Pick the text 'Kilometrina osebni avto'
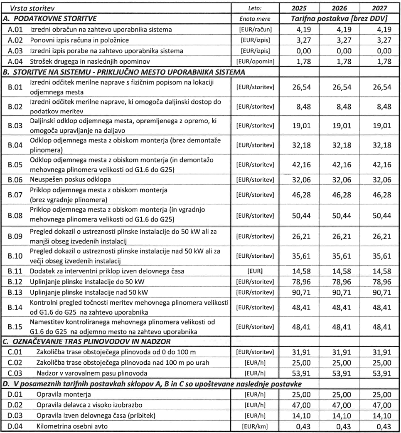tap(71, 426)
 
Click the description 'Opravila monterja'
tap(62, 393)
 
